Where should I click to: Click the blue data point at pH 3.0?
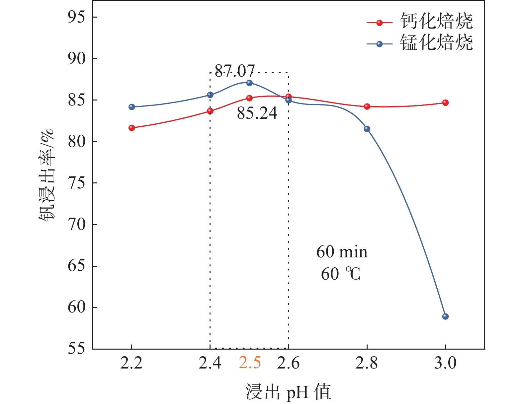[445, 316]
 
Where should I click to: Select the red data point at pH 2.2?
[132, 128]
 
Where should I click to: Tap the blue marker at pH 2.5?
[249, 83]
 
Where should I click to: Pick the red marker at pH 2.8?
[367, 106]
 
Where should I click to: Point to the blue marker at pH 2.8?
[367, 129]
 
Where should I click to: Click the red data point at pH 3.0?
[445, 102]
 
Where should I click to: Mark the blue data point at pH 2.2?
[132, 107]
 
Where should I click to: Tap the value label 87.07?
[235, 71]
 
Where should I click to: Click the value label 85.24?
[257, 113]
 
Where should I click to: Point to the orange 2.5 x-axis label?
[250, 363]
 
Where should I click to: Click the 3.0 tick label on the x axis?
[445, 363]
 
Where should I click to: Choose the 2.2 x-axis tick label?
[131, 363]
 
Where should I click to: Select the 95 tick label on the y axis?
[77, 17]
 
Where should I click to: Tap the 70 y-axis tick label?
[77, 224]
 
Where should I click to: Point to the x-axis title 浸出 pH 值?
[288, 392]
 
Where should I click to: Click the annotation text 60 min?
[342, 252]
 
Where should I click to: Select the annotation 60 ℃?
[341, 274]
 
